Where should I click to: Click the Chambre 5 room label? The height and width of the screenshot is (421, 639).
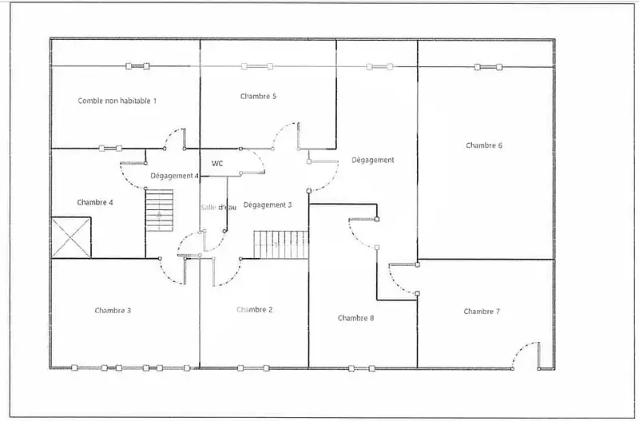[x=258, y=97]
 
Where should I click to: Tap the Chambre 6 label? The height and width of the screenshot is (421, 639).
[x=484, y=145]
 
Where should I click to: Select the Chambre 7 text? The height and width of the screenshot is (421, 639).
[x=482, y=312]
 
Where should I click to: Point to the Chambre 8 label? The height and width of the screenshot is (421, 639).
[x=355, y=318]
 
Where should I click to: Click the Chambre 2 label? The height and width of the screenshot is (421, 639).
[x=254, y=310]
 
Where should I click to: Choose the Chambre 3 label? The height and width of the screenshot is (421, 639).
[x=113, y=311]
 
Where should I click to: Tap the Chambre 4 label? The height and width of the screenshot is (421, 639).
[x=95, y=203]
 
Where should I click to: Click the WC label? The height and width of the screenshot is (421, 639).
[x=217, y=164]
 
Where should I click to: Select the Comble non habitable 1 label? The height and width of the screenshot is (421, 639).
[x=117, y=101]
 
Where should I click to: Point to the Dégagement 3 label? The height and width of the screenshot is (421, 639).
[x=268, y=205]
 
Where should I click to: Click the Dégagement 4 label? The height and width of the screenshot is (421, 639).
[x=174, y=176]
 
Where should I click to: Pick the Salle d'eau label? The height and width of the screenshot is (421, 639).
[x=218, y=208]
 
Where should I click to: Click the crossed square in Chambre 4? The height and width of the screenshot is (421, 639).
[x=71, y=237]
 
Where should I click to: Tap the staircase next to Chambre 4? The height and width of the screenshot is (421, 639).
[x=159, y=211]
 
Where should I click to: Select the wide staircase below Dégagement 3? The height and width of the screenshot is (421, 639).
[x=281, y=244]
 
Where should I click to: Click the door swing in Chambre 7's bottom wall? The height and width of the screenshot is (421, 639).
[x=526, y=355]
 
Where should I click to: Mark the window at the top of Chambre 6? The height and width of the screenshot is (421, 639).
[x=488, y=67]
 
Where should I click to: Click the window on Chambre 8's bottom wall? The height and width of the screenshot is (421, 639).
[x=362, y=368]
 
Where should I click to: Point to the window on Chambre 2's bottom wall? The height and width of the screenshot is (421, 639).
[x=253, y=368]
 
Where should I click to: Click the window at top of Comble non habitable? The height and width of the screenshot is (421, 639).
[x=137, y=66]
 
